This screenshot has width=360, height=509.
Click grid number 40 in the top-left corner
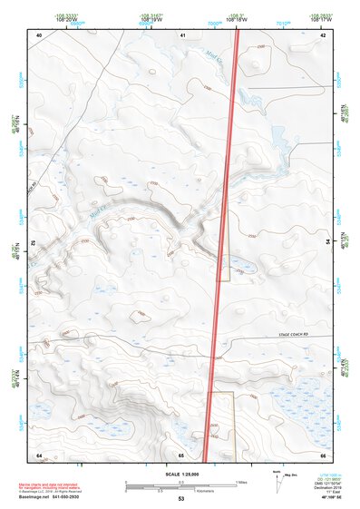39,34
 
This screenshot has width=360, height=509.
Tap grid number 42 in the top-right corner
324,34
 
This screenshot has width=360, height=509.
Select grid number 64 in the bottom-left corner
39,453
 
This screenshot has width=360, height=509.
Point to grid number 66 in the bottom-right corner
324,453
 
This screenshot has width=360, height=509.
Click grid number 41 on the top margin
182,34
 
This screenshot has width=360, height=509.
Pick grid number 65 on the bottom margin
181,453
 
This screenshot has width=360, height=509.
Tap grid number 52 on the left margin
32,243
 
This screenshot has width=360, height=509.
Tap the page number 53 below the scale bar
181,499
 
